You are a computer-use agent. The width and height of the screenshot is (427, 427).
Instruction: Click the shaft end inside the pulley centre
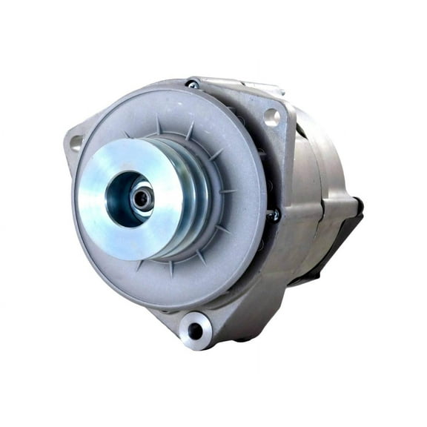tap(141, 197)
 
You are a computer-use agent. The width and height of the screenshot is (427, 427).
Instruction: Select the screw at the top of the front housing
tap(192, 85)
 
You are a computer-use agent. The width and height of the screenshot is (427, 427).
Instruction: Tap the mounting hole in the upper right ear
tap(271, 115)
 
